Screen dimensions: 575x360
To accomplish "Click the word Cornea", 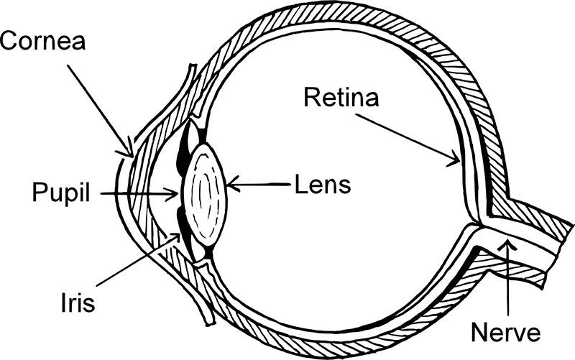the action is pos(42,41).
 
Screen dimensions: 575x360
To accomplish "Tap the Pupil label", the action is pos(61,193).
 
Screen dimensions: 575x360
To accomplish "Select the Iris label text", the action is pos(78,303).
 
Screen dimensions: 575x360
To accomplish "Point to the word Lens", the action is pos(323,185).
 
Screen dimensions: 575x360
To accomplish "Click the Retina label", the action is pos(341,98).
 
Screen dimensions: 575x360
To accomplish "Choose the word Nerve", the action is pos(506,333).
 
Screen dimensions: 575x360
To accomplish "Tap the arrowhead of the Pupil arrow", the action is pos(172,194).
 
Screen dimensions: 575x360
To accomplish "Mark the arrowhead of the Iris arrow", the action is pos(175,239).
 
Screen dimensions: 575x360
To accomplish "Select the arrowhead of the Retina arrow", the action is pos(455,160).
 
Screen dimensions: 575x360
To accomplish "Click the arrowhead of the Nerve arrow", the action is pos(507,244).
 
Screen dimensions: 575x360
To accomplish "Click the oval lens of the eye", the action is pos(206,194).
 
